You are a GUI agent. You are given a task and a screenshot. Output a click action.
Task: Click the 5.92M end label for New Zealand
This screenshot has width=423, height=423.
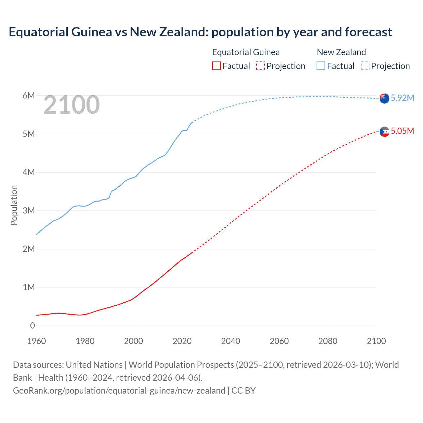[402, 98]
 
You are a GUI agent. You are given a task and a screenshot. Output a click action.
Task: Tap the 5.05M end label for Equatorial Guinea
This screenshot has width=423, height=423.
[402, 131]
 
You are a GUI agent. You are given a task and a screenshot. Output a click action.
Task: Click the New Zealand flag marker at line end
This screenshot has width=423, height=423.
[384, 98]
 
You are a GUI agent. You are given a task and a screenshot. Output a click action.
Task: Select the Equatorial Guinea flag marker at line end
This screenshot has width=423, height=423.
[384, 132]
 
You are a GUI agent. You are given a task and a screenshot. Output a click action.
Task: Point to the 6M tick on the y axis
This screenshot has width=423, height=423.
[29, 96]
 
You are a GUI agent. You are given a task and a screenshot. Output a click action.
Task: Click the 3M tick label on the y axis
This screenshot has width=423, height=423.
[29, 211]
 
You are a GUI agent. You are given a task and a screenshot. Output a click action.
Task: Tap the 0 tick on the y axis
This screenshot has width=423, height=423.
[32, 326]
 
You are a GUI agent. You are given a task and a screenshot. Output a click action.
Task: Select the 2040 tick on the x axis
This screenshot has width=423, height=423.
[231, 341]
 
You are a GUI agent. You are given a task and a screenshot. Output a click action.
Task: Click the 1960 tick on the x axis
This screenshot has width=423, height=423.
[36, 341]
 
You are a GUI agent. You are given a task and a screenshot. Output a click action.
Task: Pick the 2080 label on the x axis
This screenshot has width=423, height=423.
[328, 341]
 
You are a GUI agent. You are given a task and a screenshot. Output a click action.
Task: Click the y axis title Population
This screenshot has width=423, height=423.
[14, 205]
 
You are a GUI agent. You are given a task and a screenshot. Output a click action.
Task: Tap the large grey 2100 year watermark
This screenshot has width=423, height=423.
[71, 105]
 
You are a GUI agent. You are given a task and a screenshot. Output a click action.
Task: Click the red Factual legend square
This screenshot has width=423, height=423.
[216, 66]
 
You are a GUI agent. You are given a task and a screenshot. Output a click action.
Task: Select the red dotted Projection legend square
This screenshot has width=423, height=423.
[260, 66]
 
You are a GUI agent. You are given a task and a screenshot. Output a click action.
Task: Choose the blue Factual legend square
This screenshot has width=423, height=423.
[321, 66]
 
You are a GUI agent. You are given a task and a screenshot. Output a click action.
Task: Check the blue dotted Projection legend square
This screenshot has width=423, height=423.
[365, 66]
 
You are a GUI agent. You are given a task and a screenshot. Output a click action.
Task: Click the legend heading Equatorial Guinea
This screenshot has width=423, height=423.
[246, 52]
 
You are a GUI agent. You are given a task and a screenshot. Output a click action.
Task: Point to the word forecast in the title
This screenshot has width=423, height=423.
[368, 32]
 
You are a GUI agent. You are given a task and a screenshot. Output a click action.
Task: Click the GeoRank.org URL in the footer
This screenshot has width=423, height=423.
[119, 391]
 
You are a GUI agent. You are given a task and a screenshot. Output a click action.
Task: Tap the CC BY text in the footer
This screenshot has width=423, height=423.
[244, 391]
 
